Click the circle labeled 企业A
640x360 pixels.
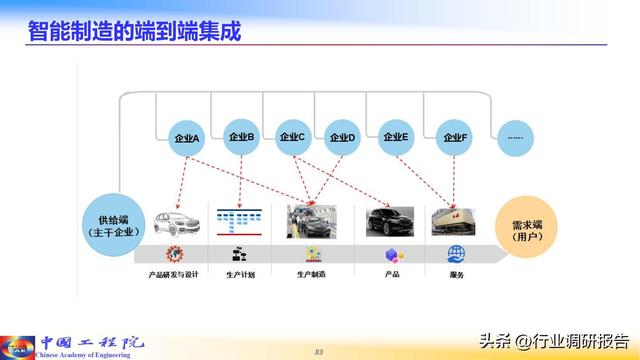click(187, 138)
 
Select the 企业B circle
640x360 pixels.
click(242, 136)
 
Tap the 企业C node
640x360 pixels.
click(292, 136)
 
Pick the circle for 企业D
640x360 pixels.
click(342, 137)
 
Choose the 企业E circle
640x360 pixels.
click(396, 137)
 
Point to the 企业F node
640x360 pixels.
click(455, 137)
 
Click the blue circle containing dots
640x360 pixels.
click(515, 136)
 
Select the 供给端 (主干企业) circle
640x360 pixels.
click(114, 225)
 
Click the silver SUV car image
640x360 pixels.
click(179, 222)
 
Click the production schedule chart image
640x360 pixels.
click(244, 221)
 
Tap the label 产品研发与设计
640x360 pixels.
click(174, 274)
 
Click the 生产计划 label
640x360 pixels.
click(241, 274)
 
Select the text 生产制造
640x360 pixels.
click(311, 274)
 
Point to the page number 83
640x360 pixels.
click(320, 350)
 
